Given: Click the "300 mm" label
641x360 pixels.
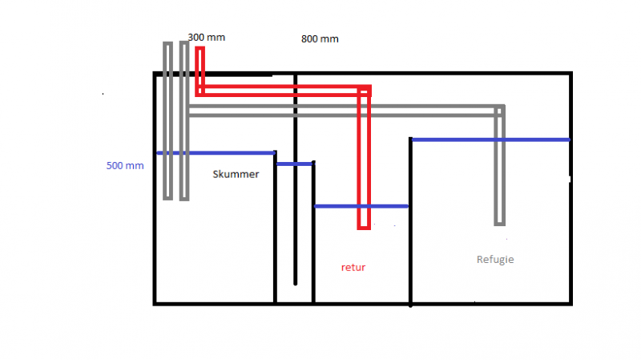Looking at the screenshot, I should [x=206, y=37].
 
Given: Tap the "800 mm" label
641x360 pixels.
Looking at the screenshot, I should [x=320, y=38].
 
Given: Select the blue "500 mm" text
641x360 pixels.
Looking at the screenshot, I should [x=124, y=166].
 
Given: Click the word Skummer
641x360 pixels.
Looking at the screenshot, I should [x=236, y=174].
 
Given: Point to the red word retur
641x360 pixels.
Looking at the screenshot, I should [x=353, y=267].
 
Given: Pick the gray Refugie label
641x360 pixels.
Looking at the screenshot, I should [x=495, y=260].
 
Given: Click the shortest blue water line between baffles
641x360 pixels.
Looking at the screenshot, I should [x=294, y=164].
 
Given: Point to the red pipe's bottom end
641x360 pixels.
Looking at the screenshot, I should [x=364, y=226].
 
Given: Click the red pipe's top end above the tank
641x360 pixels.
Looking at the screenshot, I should [x=200, y=51].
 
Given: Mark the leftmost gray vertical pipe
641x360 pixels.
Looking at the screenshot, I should [x=167, y=120].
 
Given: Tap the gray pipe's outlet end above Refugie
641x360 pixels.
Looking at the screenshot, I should [x=500, y=221].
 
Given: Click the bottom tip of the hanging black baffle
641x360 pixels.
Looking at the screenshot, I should [x=295, y=282].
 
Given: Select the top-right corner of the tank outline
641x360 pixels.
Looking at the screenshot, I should [x=570, y=75].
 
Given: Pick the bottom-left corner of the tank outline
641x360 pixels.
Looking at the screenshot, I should [x=155, y=303].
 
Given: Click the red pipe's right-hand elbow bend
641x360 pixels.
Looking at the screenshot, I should [x=365, y=90].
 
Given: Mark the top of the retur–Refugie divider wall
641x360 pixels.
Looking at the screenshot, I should [x=411, y=140].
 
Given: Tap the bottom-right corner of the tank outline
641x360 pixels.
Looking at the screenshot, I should [x=570, y=303].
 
